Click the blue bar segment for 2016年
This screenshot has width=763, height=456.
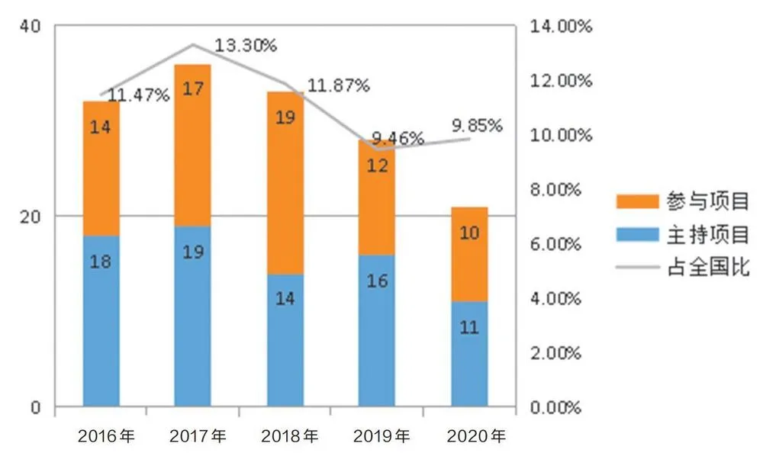tap(101, 320)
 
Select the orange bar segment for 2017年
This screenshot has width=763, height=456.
tap(193, 145)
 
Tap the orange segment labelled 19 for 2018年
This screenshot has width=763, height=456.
tap(285, 183)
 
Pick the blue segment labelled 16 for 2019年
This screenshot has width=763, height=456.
tap(377, 329)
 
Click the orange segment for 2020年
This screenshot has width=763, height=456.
tap(469, 254)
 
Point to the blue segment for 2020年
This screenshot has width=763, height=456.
tap(469, 354)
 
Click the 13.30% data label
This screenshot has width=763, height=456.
tap(245, 46)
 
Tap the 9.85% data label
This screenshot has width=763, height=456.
tap(478, 124)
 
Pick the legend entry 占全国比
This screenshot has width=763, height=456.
tap(683, 268)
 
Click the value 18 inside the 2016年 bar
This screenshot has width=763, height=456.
tap(101, 262)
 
